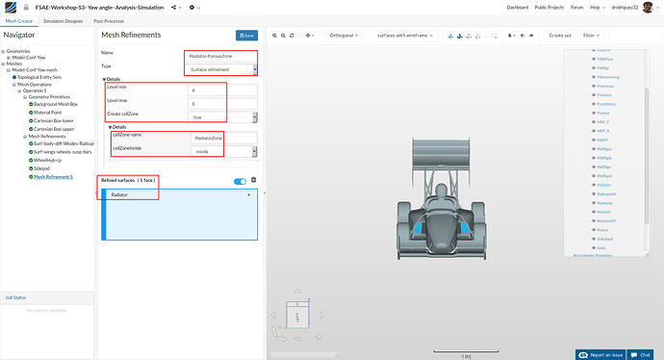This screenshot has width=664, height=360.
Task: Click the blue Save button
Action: pos(246,36)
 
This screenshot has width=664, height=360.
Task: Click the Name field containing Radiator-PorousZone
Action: pos(221,56)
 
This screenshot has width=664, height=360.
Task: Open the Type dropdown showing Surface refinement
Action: pos(221,69)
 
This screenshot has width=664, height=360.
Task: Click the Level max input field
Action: pos(221,103)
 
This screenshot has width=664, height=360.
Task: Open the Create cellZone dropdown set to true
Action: pos(221,116)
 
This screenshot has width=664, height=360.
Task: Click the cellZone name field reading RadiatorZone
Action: pos(221,138)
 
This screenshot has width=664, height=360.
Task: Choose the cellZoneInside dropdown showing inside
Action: pos(221,151)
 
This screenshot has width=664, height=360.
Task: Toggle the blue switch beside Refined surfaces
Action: pos(240,181)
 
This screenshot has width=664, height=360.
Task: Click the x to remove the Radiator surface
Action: pos(248,195)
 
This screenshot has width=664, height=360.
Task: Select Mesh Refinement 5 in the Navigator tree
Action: pos(53,177)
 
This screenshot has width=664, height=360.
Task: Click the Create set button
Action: pos(559,35)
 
